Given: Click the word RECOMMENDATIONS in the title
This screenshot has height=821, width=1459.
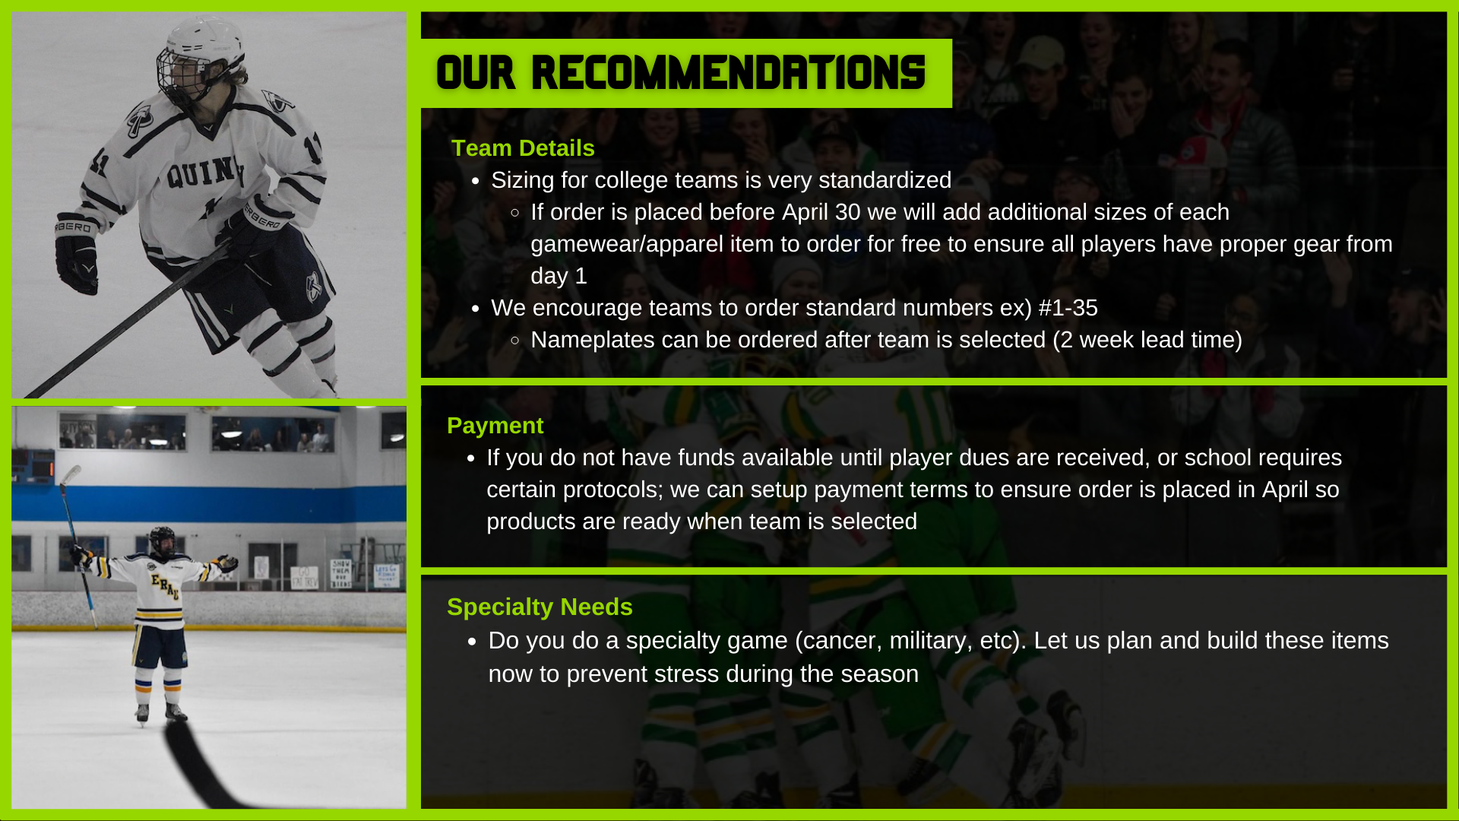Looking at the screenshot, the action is pos(728,73).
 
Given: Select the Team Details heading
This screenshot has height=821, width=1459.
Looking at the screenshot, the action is pos(523,148).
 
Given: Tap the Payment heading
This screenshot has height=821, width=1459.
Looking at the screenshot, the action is pos(495,426).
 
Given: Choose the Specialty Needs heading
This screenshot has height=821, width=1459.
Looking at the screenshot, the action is pos(540,607).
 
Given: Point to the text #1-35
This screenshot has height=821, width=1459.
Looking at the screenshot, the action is pos(1068,308).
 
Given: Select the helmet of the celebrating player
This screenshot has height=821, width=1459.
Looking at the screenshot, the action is pos(163,539).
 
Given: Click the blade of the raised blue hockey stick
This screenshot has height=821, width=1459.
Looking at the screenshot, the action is pos(71,475).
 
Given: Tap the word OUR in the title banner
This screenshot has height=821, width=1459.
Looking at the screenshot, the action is pos(476,73).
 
